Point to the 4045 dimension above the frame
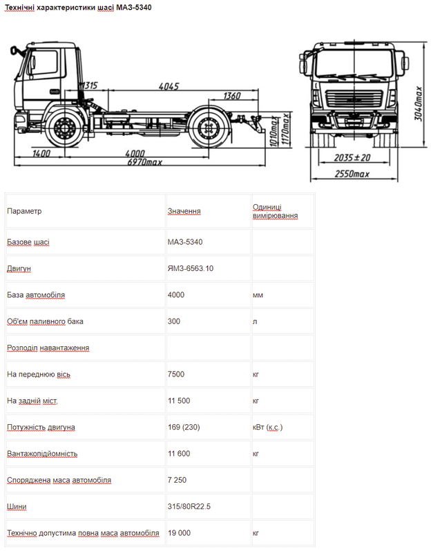pos(169,86)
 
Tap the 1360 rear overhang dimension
pos(233,96)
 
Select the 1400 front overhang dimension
pos(41,152)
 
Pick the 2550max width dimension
pos(352,173)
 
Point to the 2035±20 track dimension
pos(352,157)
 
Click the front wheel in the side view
pos(66,129)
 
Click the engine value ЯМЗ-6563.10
pos(191,268)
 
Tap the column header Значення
pos(184,211)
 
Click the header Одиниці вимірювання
pos(275,211)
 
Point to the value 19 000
pos(179,533)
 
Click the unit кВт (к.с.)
pos(267,428)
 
